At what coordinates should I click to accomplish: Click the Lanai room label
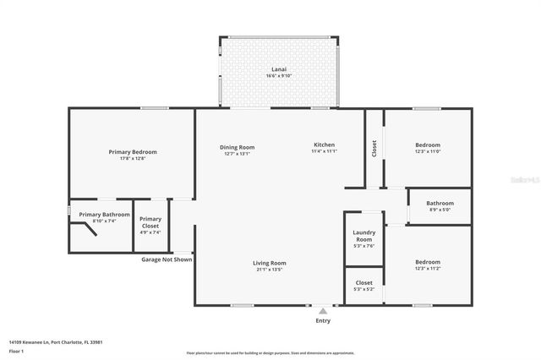coord(278,68)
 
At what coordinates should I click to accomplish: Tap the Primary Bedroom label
coord(133,152)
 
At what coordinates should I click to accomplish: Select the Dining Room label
coord(238,147)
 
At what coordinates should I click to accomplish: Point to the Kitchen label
coord(325,145)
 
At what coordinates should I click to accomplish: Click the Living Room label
coord(270,263)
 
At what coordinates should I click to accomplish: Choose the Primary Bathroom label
coord(105,215)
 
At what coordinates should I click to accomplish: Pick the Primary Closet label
coord(150,221)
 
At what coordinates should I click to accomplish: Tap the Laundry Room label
coord(363,236)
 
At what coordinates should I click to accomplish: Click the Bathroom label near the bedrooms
coord(440,203)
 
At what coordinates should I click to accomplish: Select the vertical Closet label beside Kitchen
coord(374,149)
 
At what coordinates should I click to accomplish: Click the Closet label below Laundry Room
coord(363,283)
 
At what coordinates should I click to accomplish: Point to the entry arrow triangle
coord(322,311)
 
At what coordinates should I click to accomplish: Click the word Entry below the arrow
coord(323,321)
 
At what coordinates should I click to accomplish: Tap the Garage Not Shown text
coord(167,259)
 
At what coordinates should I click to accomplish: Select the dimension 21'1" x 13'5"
coord(270,270)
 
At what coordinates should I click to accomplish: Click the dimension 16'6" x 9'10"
coord(278,76)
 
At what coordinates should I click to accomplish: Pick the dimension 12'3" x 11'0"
coord(428,152)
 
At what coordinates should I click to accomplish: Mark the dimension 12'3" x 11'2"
coord(428,269)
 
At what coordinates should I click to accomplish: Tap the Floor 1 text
coord(16,350)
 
